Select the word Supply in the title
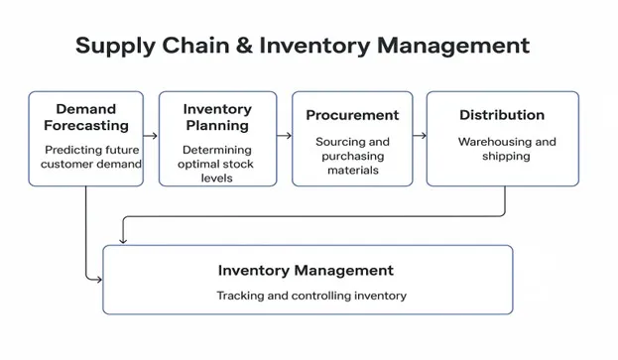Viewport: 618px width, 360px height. click(113, 47)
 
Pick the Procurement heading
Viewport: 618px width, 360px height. click(352, 115)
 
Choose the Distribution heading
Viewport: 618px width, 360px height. click(501, 115)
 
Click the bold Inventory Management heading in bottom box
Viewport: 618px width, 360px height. click(306, 270)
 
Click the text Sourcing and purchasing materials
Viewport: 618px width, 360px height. click(352, 156)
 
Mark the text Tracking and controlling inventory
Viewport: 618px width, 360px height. click(310, 296)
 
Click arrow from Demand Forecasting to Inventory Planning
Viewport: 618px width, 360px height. click(151, 135)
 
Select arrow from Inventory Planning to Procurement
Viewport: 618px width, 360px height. click(285, 135)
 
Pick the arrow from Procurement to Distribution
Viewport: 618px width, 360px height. click(421, 135)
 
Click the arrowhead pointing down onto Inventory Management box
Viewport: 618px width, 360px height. click(122, 239)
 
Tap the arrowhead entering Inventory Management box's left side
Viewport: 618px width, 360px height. click(98, 280)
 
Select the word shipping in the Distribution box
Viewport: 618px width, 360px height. click(505, 157)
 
